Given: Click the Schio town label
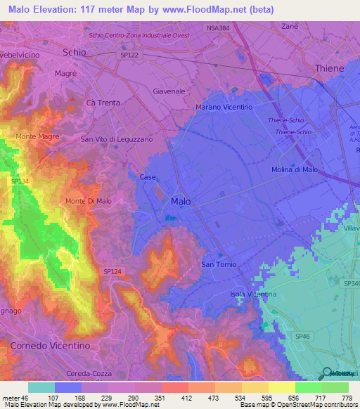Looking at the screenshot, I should pos(75,52).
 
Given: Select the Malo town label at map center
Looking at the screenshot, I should pos(181,202).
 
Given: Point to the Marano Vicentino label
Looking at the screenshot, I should pos(223,107).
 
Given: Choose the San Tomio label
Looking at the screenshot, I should pos(219,264).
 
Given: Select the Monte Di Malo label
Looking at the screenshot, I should pos(89,202).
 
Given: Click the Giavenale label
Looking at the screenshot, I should pos(169,91).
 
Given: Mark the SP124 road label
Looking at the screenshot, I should pos(112,271).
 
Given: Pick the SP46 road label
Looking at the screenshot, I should pos(302,337).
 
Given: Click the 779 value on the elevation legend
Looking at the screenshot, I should pos(346,398).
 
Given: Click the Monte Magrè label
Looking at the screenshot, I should pos(37,136).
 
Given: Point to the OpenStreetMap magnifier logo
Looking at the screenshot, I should pos(327,372).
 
